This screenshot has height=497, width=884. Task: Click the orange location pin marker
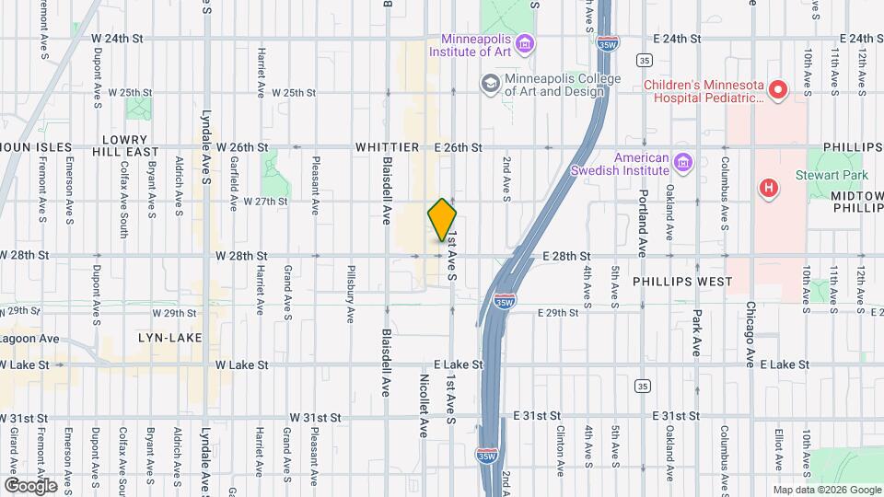(x=443, y=220)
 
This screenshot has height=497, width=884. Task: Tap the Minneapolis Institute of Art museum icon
(x=524, y=43)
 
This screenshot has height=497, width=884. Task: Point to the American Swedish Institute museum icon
(x=682, y=163)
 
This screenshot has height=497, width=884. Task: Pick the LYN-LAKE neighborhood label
(x=169, y=338)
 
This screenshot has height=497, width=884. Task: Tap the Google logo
(x=30, y=485)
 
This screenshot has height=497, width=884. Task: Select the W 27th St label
(x=265, y=201)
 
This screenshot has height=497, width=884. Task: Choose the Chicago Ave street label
(x=750, y=332)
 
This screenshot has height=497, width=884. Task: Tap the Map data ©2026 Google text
(x=826, y=490)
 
